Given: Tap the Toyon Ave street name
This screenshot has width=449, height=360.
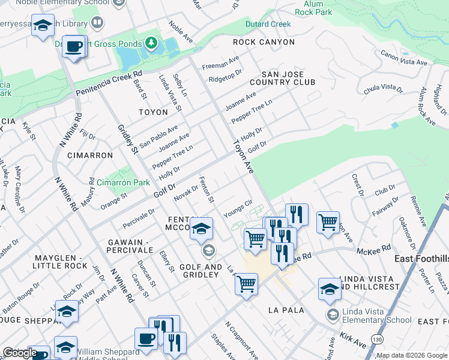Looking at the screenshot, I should click(244, 155).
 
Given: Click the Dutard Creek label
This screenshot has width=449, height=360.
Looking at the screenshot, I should click(268, 25).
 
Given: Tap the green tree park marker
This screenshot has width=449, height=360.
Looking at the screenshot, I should click(152, 43).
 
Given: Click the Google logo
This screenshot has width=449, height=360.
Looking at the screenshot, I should click(19, 353).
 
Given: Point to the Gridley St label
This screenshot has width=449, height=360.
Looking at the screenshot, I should click(124, 139).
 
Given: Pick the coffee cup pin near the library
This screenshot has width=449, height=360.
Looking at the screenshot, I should click(74, 47).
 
